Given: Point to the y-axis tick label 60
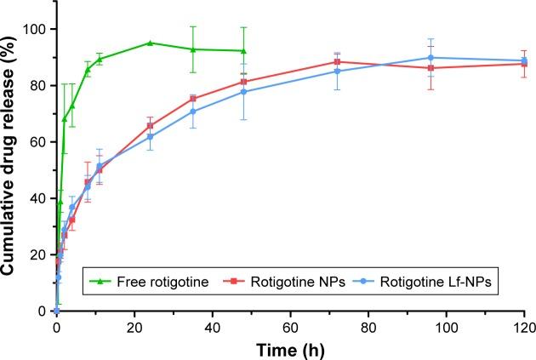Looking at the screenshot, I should tap(38, 142).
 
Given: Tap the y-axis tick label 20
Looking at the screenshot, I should tap(38, 254).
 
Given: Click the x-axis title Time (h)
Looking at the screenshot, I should tap(290, 347).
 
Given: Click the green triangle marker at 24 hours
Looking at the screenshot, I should tap(150, 43).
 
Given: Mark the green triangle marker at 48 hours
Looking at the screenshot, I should tap(243, 51).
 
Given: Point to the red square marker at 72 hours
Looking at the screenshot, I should tap(337, 61).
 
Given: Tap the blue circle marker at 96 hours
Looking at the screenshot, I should tap(431, 58).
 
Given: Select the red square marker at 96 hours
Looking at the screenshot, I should tap(431, 68).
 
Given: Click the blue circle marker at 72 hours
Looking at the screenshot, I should tap(337, 71).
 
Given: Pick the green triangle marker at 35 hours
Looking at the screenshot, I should tap(192, 49).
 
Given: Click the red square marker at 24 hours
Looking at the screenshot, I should tap(150, 125).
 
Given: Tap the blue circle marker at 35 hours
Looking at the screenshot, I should tap(192, 111).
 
